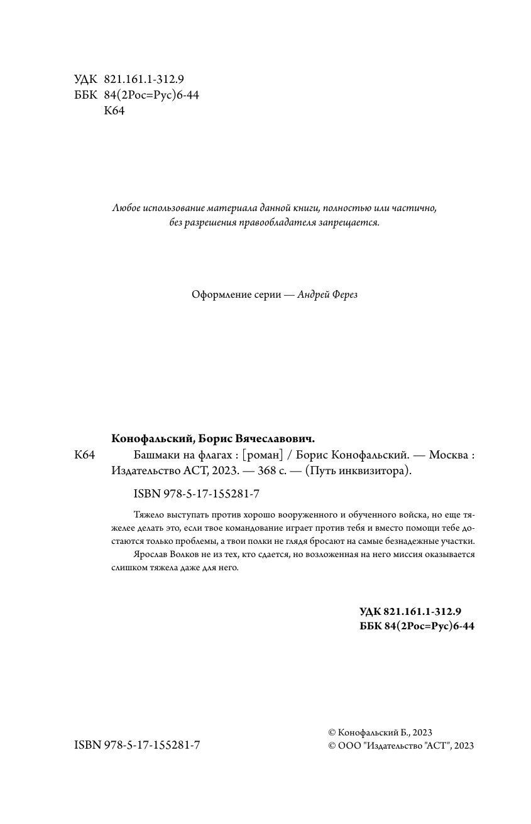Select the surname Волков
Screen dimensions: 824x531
[x=185, y=555]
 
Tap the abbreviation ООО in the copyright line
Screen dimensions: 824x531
[x=349, y=745]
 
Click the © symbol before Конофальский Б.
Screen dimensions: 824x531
[x=332, y=732]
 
